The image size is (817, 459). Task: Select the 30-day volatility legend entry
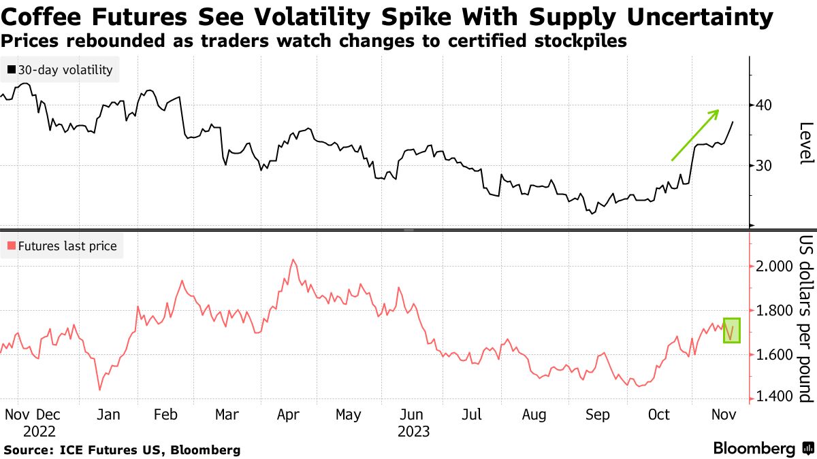pyautogui.click(x=62, y=69)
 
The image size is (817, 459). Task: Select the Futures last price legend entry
pyautogui.click(x=62, y=246)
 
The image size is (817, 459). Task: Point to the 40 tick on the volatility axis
pyautogui.click(x=762, y=105)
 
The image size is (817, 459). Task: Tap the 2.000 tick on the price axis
pyautogui.click(x=774, y=266)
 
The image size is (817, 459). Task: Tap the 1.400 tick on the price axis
pyautogui.click(x=774, y=397)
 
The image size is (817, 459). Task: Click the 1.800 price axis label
pyautogui.click(x=774, y=311)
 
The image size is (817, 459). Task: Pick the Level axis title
pyautogui.click(x=806, y=143)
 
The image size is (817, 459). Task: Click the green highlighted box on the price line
pyautogui.click(x=731, y=330)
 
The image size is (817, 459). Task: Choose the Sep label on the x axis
pyautogui.click(x=598, y=415)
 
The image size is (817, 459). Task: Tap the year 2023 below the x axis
pyautogui.click(x=413, y=431)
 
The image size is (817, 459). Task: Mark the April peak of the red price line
pyautogui.click(x=293, y=259)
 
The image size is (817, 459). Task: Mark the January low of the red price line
pyautogui.click(x=100, y=390)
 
